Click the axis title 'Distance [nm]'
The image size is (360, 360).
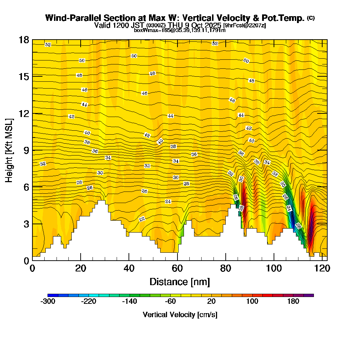click(180, 282)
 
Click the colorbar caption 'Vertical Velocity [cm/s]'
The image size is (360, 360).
click(180, 315)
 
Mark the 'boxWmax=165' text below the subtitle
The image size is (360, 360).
click(148, 30)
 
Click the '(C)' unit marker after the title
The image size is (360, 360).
click(311, 18)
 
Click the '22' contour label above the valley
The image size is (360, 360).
click(142, 219)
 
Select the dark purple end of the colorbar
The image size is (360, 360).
click(311, 295)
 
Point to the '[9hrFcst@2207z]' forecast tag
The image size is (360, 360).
click(245, 26)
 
